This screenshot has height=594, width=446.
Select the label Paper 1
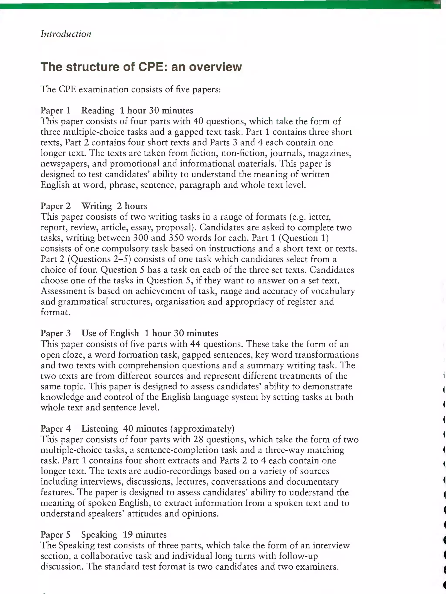click(x=55, y=110)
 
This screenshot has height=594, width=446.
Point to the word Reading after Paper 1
click(x=98, y=110)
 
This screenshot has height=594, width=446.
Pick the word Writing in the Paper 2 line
click(x=97, y=206)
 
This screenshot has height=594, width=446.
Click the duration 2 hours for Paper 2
click(x=132, y=206)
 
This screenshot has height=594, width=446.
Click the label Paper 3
click(x=56, y=333)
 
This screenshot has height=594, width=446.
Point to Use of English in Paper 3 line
click(x=110, y=333)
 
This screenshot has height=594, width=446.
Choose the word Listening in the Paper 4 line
click(x=100, y=429)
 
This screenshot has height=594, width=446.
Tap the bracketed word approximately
click(x=202, y=429)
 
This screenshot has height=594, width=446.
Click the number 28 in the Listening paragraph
click(x=198, y=439)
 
